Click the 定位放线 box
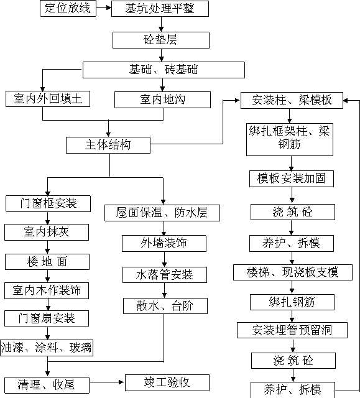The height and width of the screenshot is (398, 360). pos(68,8)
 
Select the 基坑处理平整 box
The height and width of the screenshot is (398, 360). pos(160,9)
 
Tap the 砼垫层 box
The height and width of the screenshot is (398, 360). pos(161,40)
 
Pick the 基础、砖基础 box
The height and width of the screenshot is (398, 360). pos(164,70)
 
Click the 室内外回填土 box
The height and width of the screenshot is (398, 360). pos(48,99)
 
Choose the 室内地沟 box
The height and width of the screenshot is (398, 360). pos(163,99)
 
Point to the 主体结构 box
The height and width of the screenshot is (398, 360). pos(108,145)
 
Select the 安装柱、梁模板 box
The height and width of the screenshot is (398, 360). pos(292,101)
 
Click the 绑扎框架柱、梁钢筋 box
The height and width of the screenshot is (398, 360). pos(290,139)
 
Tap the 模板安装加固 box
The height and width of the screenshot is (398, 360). pos(292,179)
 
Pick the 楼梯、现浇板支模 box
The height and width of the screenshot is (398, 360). pos(293,272)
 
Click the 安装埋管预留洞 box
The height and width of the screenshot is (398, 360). pos(292,330)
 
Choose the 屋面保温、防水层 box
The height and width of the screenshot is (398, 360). pos(162,213)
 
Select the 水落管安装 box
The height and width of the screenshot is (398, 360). pos(165,275)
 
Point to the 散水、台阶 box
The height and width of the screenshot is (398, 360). pos(165,306)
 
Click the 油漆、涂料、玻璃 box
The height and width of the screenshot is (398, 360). pos(47,348)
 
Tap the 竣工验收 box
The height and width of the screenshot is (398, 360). pos(167,383)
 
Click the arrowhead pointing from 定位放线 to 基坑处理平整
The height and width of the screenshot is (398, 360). pos(109,8)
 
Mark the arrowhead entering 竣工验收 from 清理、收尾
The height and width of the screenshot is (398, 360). pos(121,382)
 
